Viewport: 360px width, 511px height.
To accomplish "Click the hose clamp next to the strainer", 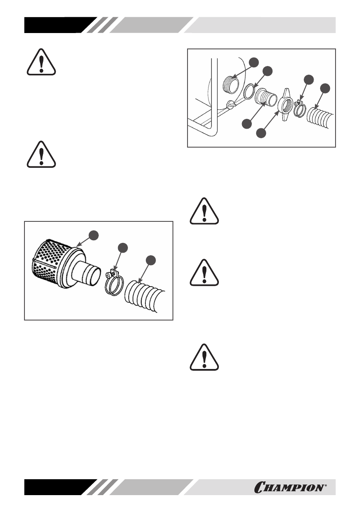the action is (114, 282).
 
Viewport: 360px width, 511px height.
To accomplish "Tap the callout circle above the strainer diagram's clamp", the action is (123, 247).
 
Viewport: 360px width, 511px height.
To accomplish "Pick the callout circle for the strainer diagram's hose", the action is (150, 260).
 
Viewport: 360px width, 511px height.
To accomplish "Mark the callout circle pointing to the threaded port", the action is (254, 62).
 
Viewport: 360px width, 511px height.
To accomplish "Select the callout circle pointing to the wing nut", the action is (260, 133).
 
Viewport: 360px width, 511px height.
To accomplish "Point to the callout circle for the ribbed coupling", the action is (247, 124).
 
